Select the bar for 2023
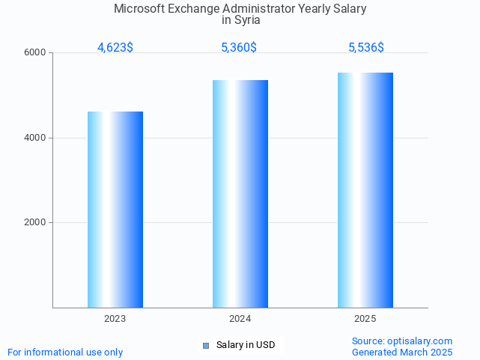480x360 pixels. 115,210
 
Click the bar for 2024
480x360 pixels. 240,194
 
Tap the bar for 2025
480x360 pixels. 365,190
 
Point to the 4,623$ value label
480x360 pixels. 115,47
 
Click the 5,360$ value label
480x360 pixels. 239,47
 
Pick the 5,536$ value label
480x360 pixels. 366,47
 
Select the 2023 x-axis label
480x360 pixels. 115,319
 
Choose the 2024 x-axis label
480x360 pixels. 240,319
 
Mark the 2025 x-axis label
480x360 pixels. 365,319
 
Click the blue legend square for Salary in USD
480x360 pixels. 206,345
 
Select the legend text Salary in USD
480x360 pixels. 246,345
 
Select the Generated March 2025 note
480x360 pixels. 402,352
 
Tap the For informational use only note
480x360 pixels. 65,352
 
